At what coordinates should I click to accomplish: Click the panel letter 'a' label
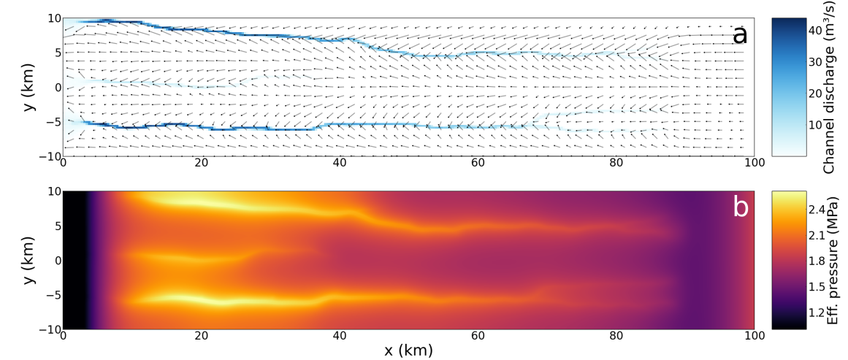coord(740,34)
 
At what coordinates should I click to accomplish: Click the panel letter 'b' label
coord(740,207)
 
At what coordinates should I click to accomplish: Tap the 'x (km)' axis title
coord(408,351)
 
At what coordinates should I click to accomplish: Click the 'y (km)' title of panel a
coord(28,87)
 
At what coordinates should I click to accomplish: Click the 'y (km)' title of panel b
coord(28,260)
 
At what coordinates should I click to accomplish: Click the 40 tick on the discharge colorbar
coord(819,30)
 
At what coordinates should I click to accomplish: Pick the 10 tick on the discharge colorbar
coord(819,125)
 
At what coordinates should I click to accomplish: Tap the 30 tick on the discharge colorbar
coord(819,61)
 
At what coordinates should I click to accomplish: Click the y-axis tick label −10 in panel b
coord(47,329)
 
